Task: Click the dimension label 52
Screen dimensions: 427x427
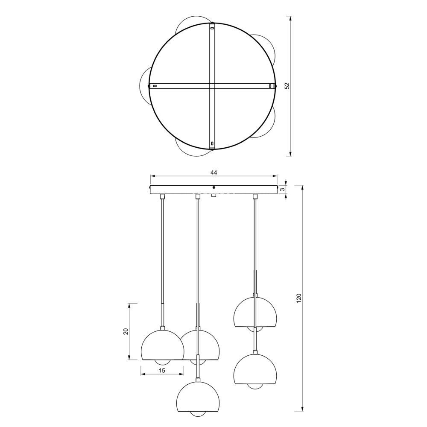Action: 287,86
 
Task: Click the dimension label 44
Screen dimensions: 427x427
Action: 214,172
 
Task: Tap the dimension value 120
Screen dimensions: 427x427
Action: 299,298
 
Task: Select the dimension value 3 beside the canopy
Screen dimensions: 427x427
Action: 283,189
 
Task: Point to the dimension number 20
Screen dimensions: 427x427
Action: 126,331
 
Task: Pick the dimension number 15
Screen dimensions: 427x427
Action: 162,370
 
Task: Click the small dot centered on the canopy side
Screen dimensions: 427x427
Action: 214,187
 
